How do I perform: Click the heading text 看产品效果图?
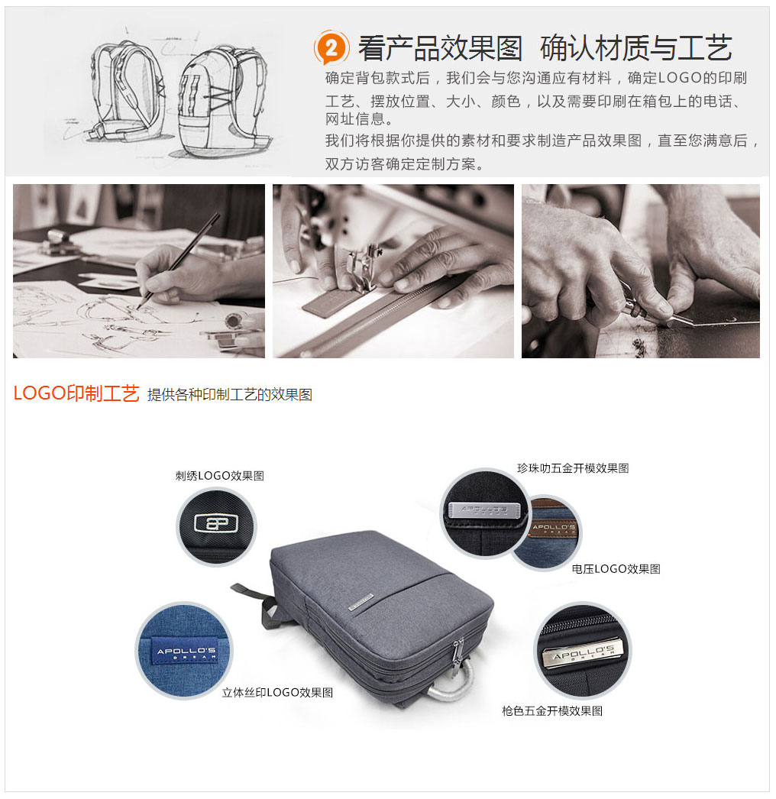tap(440, 48)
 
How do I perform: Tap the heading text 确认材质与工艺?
tap(635, 48)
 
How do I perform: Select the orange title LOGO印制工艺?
tap(76, 393)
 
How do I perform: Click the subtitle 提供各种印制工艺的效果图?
tap(230, 395)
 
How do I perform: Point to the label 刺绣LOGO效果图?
tap(220, 475)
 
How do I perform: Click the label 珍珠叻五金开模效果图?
tap(573, 468)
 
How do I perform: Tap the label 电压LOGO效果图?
tap(616, 568)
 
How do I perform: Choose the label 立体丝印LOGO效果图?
tap(277, 692)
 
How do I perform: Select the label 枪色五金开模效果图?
tap(552, 710)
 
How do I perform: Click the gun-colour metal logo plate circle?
tap(582, 650)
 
